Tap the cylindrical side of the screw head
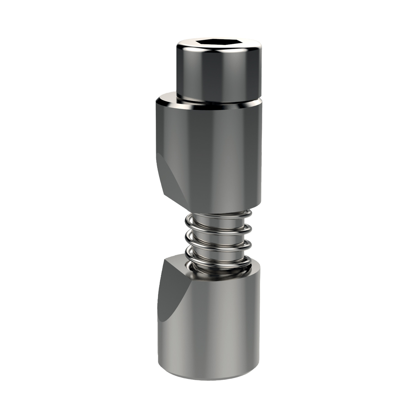tap(219, 75)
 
